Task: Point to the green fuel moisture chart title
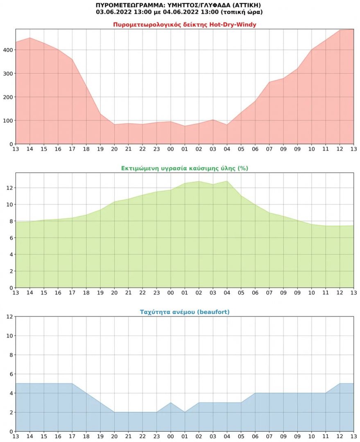[x=184, y=168]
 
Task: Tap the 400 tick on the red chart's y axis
[x=8, y=50]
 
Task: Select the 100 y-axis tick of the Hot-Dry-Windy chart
[x=8, y=121]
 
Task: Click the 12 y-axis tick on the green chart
[x=10, y=188]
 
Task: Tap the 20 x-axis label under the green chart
[x=114, y=293]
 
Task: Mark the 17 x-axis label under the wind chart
[x=72, y=437]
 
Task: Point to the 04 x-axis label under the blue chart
[x=227, y=437]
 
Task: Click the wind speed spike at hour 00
[x=171, y=403]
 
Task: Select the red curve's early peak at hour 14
[x=30, y=38]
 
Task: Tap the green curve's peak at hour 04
[x=227, y=181]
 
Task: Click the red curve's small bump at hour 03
[x=213, y=120]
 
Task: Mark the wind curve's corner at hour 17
[x=72, y=383]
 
